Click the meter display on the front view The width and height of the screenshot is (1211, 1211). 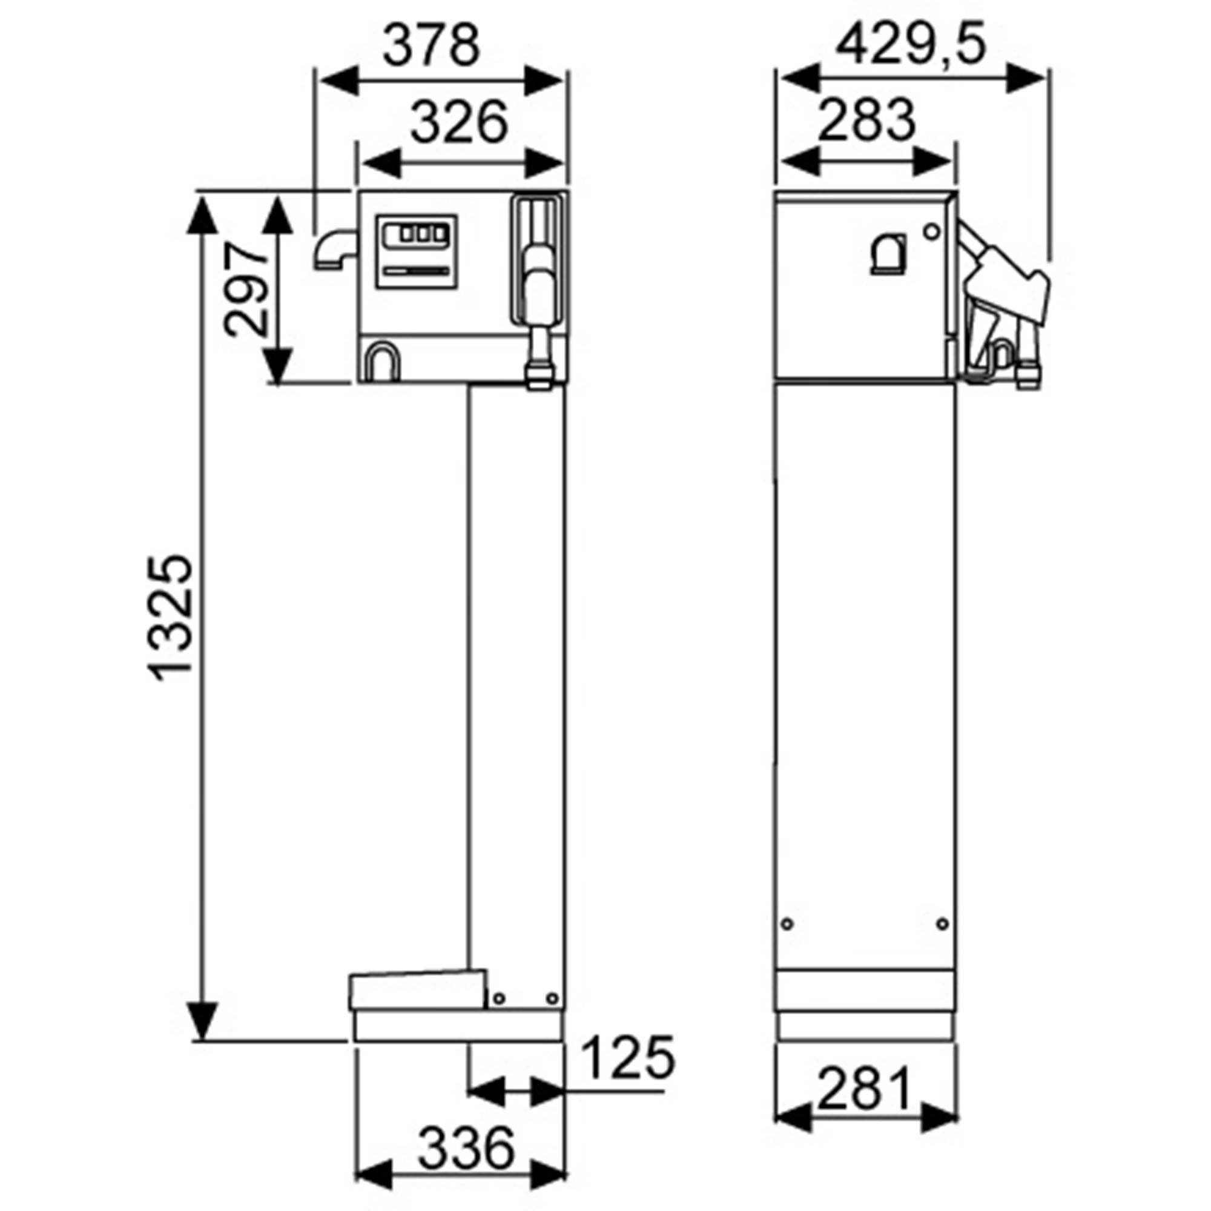(416, 252)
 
